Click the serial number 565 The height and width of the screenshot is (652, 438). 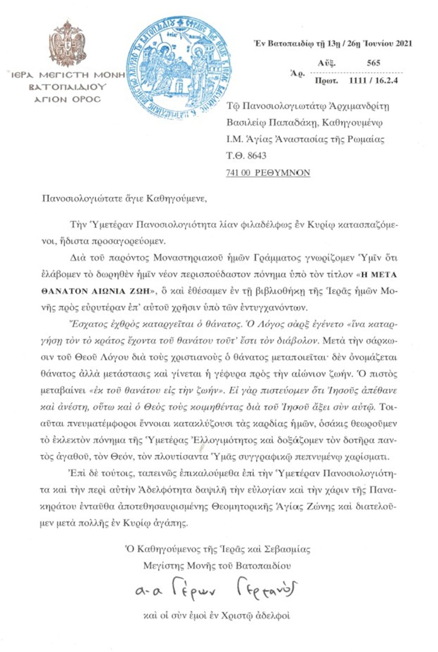click(373, 63)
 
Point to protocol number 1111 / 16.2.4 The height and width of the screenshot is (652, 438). click(373, 81)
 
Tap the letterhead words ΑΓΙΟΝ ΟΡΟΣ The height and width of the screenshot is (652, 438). click(67, 99)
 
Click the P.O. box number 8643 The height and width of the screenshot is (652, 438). click(256, 156)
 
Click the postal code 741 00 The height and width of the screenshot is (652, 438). click(238, 173)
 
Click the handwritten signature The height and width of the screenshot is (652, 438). click(215, 590)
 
